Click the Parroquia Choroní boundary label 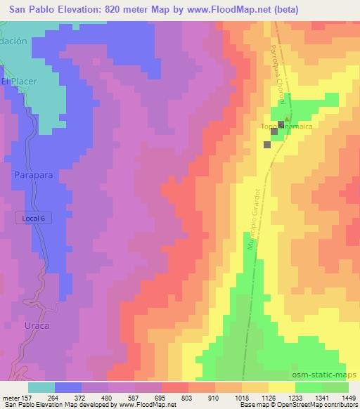tap(276, 77)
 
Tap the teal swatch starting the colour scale tap(41, 387)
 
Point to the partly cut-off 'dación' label tap(13, 41)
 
